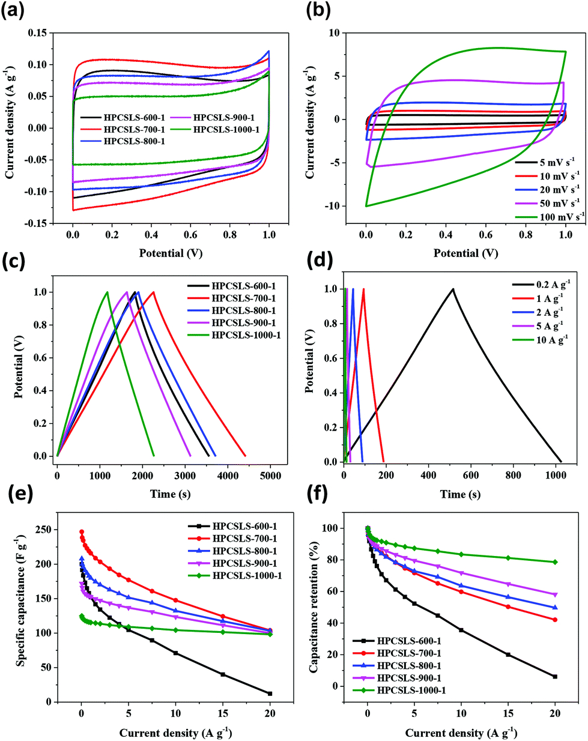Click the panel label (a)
13,12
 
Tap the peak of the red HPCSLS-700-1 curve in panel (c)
154,292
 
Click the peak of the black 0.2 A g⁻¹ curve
453,289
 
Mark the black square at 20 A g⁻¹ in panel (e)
270,694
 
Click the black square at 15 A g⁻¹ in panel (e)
223,674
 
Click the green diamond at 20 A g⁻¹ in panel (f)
555,562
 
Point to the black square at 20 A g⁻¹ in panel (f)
555,677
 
